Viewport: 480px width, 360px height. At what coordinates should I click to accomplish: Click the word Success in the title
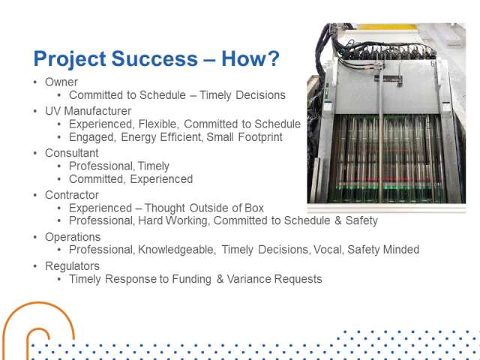154,58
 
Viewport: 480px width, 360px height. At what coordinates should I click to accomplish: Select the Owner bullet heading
61,82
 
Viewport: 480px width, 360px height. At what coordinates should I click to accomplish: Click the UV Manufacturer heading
88,111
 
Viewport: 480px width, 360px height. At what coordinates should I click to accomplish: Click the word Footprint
260,137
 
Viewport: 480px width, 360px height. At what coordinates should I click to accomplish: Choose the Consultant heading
72,153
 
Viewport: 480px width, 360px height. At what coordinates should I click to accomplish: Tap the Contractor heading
72,195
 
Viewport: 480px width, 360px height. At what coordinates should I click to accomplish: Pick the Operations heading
73,237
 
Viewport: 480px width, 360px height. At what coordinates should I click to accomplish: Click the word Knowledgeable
175,250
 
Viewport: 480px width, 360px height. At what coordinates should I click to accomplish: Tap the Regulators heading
72,266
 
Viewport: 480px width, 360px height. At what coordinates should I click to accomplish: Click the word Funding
192,279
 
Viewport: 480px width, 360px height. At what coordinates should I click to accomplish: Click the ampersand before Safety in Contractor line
338,220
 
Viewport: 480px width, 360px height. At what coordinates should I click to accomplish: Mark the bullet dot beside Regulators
35,266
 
